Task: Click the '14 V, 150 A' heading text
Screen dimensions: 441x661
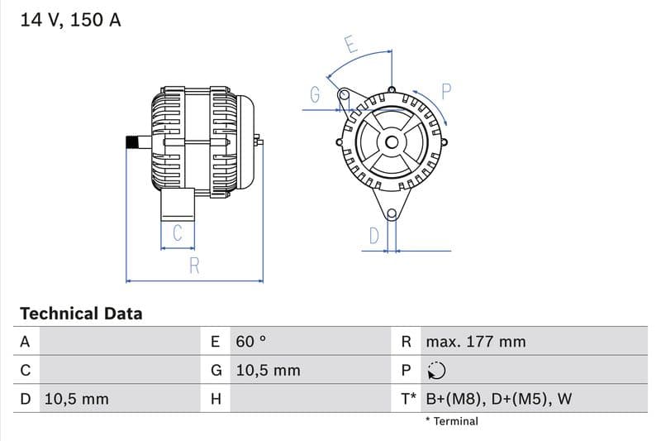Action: pos(70,21)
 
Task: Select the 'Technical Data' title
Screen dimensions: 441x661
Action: pos(81,314)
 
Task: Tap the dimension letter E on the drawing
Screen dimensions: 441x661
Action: pos(351,45)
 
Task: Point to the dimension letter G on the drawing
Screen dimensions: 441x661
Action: pos(315,95)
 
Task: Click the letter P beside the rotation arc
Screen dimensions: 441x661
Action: pos(445,92)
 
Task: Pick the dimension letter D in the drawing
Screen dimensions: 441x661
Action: pos(373,236)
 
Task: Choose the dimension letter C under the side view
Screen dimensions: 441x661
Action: pos(177,234)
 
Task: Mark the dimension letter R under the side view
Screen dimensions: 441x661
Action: pos(194,266)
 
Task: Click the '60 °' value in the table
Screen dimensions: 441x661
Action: pos(251,342)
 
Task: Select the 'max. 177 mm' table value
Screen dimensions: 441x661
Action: pos(475,342)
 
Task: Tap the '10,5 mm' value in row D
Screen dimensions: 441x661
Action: pos(76,399)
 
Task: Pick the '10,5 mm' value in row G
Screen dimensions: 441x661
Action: pos(268,371)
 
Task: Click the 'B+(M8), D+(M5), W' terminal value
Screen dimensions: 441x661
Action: pos(498,399)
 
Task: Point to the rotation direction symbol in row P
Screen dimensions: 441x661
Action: pos(436,371)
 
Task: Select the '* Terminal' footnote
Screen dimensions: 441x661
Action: pos(451,421)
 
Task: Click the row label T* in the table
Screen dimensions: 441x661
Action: pos(408,399)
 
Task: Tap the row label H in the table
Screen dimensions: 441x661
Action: pos(216,399)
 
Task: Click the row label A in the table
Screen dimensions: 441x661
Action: pos(25,342)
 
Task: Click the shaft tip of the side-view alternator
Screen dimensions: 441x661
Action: pos(130,142)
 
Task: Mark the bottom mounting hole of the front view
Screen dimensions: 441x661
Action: pos(392,215)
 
